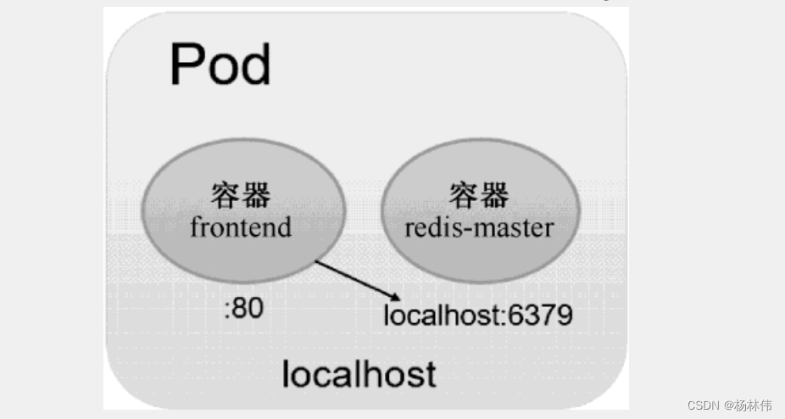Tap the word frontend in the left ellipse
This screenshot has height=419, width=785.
click(242, 227)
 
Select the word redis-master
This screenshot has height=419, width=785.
click(480, 227)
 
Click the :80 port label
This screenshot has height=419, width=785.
click(244, 309)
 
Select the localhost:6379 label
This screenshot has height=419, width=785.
click(477, 316)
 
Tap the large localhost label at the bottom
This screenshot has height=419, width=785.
click(359, 373)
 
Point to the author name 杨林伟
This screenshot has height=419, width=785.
click(755, 405)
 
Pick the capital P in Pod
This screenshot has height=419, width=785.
click(187, 64)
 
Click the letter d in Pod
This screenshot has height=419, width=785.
click(254, 64)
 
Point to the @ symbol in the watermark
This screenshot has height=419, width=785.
click(728, 405)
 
